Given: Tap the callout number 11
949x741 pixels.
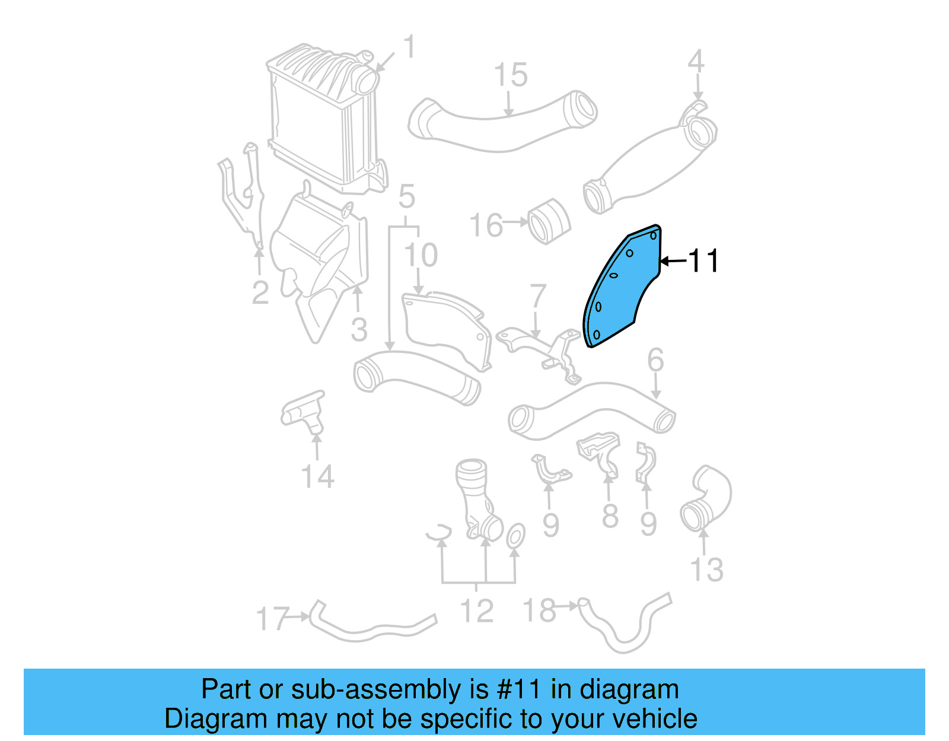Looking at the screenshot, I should (703, 261).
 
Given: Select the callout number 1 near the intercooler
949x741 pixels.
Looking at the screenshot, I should (409, 47).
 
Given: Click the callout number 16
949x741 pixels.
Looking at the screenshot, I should (486, 225).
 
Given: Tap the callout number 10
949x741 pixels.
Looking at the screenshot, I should (421, 255).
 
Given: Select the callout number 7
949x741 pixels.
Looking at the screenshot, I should (537, 296).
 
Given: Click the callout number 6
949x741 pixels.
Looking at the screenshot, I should (655, 360).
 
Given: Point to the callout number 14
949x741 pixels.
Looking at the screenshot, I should (318, 476).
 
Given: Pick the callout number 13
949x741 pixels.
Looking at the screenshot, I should (707, 570).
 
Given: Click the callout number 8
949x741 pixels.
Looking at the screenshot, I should (610, 516).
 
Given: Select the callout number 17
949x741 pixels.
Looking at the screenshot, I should (273, 619).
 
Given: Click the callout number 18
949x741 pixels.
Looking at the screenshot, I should (539, 610).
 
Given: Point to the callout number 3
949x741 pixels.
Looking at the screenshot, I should (359, 330).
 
